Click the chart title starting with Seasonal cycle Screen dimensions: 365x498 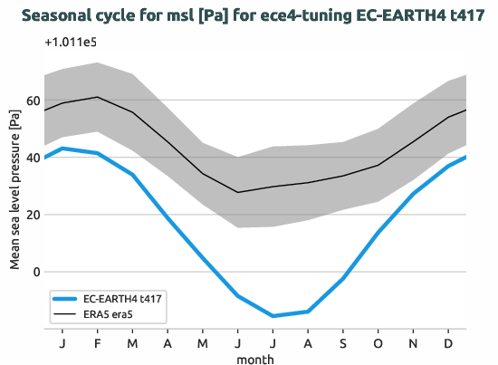pyautogui.click(x=249, y=15)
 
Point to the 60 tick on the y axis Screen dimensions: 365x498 pyautogui.click(x=35, y=101)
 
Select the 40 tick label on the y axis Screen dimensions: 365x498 pyautogui.click(x=35, y=158)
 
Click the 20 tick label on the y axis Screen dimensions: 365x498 pyautogui.click(x=35, y=215)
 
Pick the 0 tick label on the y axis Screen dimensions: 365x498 pyautogui.click(x=38, y=272)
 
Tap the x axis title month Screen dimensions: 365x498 pyautogui.click(x=254, y=359)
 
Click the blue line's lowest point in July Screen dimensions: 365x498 pyautogui.click(x=273, y=316)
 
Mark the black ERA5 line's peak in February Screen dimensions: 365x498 pyautogui.click(x=97, y=97)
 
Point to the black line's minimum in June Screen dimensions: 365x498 pyautogui.click(x=238, y=192)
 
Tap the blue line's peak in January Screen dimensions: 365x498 pyautogui.click(x=62, y=148)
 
